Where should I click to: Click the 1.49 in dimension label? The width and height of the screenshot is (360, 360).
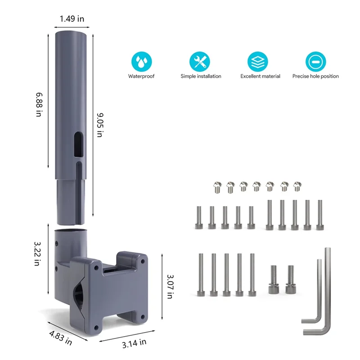tap(72, 19)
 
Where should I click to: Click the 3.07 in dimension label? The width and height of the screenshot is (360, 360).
tap(170, 286)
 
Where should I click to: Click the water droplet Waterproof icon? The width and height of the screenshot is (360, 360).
tap(141, 62)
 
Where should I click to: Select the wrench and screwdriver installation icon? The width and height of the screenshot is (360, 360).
tap(201, 62)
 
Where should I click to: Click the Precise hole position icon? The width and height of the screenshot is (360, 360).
tap(315, 62)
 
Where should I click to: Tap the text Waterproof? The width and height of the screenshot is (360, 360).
tap(141, 76)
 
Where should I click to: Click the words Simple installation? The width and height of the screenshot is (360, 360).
tap(201, 76)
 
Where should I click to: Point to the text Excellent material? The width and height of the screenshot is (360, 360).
tap(260, 76)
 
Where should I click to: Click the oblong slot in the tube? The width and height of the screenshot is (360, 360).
tap(78, 144)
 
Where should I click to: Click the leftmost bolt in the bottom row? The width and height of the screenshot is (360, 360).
tap(200, 274)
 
